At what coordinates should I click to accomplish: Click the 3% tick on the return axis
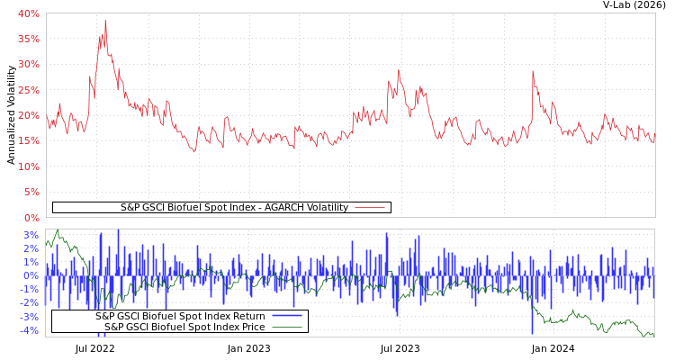(31, 235)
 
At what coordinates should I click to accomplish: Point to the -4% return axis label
(30, 331)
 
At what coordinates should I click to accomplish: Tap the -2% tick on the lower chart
(30, 303)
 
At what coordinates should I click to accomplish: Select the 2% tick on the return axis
(31, 248)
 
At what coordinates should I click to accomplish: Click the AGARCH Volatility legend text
(234, 207)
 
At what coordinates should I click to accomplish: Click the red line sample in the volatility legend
(370, 207)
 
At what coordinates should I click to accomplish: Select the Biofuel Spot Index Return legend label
(180, 316)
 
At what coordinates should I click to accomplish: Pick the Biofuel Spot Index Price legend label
(184, 327)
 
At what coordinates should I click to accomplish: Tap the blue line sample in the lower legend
(287, 316)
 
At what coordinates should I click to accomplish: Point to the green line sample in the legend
(287, 327)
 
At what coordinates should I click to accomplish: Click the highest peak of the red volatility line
(104, 20)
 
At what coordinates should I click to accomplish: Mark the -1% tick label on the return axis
(30, 290)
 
